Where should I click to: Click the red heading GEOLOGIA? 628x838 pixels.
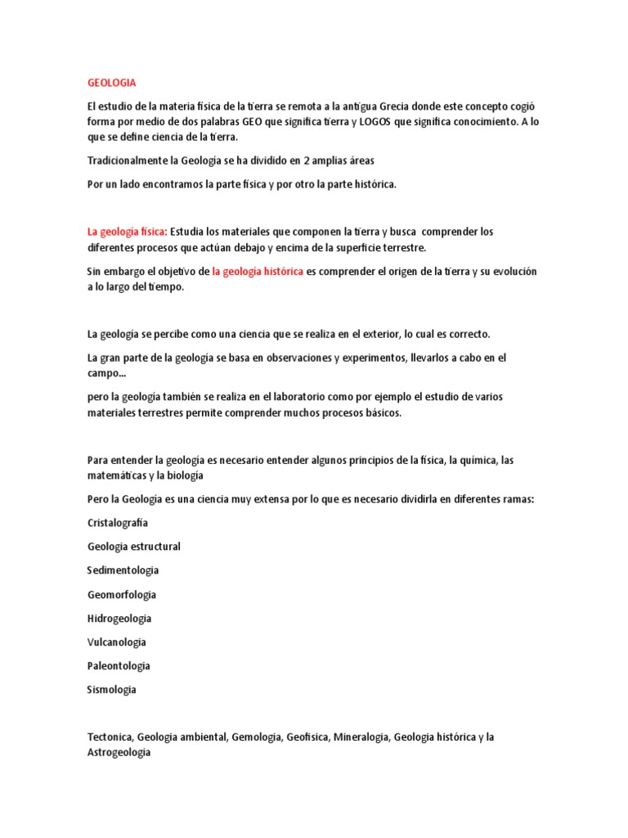point(111,83)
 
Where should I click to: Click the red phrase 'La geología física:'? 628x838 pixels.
point(127,232)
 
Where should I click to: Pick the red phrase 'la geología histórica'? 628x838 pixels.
point(258,271)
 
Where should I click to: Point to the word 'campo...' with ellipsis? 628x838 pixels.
point(106,373)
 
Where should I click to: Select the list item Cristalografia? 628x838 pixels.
point(118,522)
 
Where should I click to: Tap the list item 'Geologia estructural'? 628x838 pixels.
point(133,546)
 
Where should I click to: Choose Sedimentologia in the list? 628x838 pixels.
point(123,570)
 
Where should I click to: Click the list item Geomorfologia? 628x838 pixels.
point(121,594)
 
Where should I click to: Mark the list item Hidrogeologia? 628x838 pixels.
point(119,618)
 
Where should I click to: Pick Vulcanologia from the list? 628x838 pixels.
point(117,642)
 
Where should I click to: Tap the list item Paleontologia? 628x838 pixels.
point(119,665)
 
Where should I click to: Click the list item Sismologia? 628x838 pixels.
point(111,689)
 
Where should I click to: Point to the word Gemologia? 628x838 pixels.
point(257,737)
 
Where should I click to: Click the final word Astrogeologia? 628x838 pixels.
point(119,752)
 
